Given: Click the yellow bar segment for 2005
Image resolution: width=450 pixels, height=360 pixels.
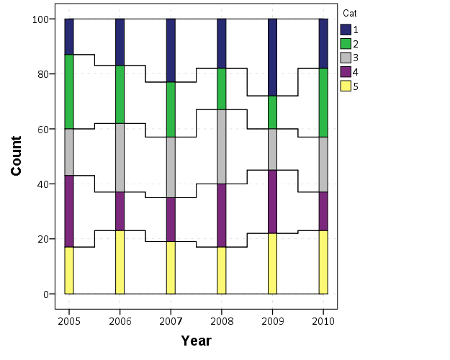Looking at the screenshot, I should (x=69, y=270).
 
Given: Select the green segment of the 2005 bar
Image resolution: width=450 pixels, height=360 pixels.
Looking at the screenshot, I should (x=69, y=91).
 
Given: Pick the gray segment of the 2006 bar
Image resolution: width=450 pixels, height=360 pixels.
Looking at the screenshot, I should (x=120, y=158).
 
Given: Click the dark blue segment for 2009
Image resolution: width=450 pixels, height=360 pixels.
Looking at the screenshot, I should (x=273, y=57).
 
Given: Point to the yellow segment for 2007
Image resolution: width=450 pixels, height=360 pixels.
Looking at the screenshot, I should (x=171, y=267).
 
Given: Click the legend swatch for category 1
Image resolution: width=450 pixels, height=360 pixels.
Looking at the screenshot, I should (x=345, y=29).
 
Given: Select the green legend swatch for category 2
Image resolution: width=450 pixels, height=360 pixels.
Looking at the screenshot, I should (x=345, y=43).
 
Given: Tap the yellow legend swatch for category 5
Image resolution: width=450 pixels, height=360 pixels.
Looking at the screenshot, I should (x=345, y=86).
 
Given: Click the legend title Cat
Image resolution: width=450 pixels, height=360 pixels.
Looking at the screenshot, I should (x=349, y=13).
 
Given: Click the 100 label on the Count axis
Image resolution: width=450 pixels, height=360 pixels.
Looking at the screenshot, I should (x=40, y=19).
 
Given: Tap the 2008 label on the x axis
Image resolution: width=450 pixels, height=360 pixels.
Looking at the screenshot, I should (x=222, y=320).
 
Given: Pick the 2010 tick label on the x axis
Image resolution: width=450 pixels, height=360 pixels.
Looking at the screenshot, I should (x=323, y=320).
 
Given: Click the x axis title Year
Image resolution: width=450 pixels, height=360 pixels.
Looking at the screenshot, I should (x=196, y=341).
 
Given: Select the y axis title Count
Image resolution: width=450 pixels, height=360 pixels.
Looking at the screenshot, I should (x=16, y=156).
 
